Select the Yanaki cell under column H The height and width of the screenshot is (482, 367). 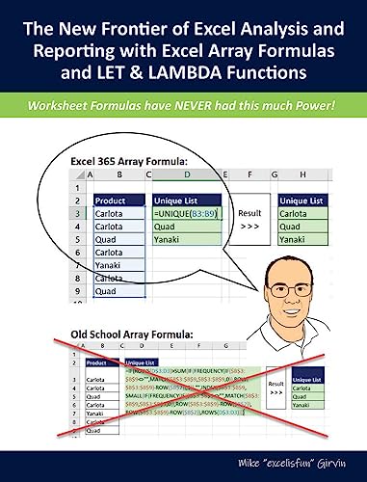[297, 239]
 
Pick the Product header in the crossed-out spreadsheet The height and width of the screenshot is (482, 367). [96, 363]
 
